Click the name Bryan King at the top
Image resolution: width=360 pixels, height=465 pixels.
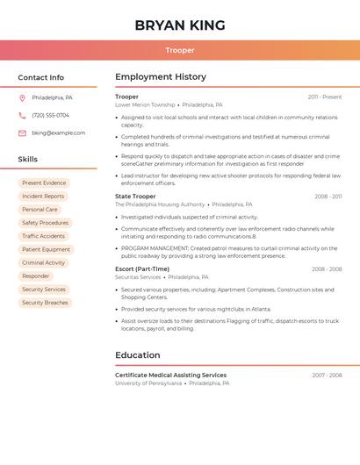(180, 25)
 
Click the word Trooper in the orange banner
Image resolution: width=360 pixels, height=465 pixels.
(180, 50)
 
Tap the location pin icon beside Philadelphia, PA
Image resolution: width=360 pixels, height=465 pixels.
(22, 97)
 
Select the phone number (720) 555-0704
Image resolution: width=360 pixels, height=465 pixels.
(50, 115)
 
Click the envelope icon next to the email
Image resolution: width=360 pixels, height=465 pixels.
(22, 133)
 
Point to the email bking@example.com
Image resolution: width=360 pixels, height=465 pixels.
(59, 133)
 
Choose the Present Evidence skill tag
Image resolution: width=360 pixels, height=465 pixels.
(44, 183)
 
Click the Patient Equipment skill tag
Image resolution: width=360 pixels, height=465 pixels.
(46, 249)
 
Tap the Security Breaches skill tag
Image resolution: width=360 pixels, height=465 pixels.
(45, 303)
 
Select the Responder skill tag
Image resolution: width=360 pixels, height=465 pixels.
(36, 276)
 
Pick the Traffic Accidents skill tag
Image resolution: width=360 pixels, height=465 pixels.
(43, 236)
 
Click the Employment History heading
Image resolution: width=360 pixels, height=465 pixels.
(161, 77)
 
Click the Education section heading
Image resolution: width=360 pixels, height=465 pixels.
(137, 355)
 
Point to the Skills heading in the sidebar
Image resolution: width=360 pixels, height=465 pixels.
(28, 160)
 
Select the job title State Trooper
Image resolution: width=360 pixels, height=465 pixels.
(135, 197)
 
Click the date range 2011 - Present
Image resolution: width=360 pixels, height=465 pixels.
(324, 97)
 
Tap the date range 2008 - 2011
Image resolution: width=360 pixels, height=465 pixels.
(328, 197)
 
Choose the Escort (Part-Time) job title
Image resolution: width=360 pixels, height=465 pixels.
(142, 269)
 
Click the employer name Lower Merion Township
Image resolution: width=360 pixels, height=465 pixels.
(145, 104)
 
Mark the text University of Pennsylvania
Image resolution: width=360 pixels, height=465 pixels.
(148, 383)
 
